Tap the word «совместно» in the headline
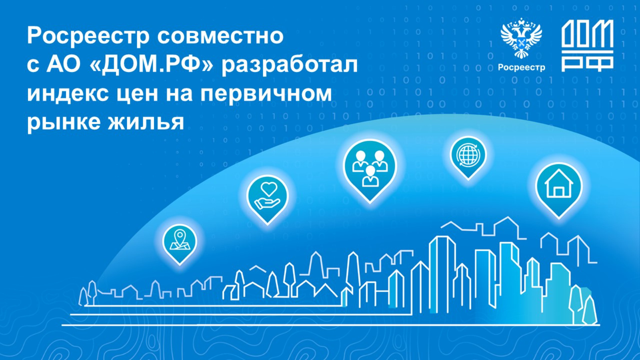220,36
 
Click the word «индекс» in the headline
68,94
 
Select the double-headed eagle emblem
521,38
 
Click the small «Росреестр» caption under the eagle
522,68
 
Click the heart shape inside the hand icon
269,189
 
